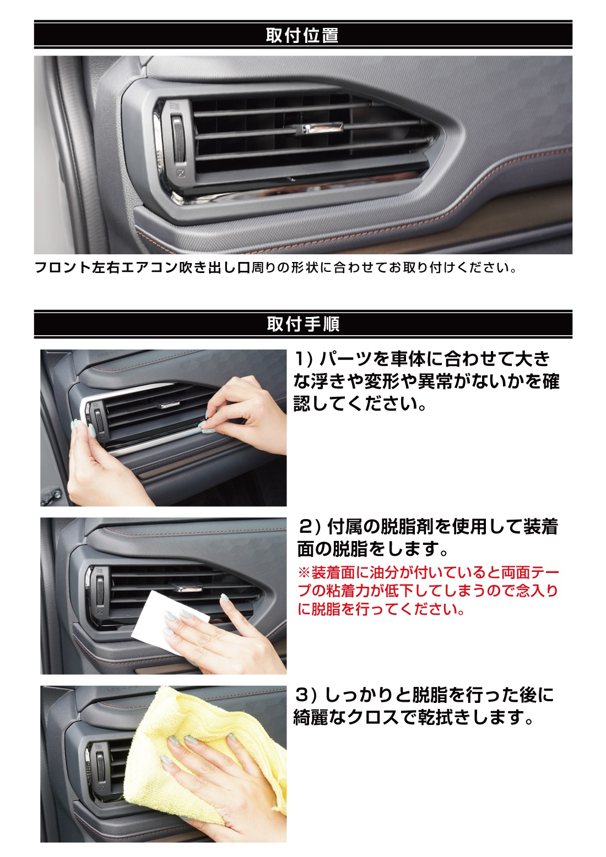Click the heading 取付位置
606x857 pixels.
302,35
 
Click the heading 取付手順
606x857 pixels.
303,324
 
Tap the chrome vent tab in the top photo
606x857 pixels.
316,129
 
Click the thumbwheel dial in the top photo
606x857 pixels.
178,137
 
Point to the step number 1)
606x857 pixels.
304,359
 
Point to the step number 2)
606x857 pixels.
309,527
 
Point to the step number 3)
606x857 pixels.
306,695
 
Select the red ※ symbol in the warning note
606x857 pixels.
304,573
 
